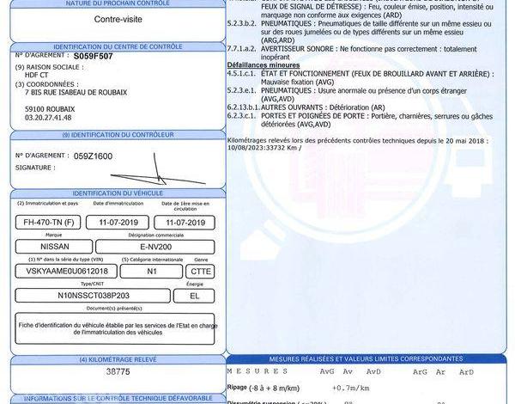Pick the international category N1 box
tap(152, 270)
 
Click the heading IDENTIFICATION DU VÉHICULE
tap(117, 193)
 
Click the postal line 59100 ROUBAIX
tap(50, 108)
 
